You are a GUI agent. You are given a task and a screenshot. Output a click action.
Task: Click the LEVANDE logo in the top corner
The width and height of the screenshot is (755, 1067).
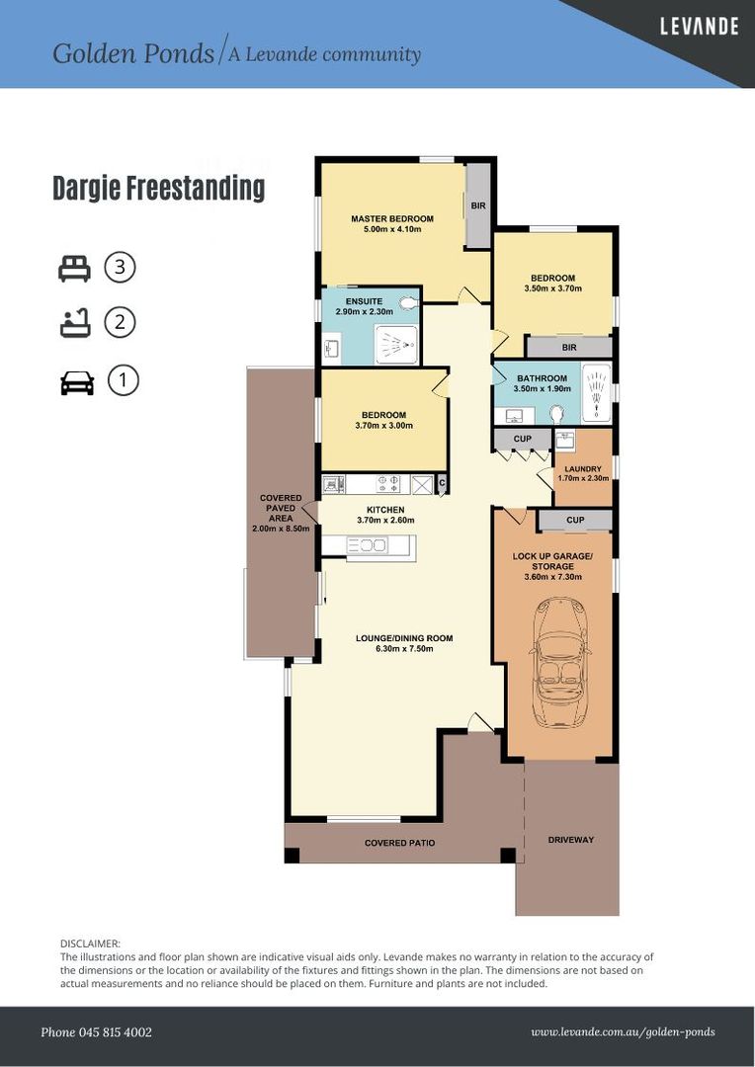700,27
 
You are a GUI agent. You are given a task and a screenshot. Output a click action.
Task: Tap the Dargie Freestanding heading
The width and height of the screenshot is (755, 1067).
159,188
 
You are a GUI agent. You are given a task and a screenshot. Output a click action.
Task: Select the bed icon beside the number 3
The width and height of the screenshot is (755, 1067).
74,268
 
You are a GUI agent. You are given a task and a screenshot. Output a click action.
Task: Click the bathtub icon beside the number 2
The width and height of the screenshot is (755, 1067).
75,322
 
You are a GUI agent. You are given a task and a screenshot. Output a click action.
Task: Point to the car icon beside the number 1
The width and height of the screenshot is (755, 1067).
77,382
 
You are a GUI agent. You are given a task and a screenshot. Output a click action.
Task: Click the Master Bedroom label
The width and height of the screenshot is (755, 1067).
392,224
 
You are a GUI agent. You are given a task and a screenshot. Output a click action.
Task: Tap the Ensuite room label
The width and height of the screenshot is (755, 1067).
365,306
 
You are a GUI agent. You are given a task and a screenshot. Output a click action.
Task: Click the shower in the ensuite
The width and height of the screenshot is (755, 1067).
396,346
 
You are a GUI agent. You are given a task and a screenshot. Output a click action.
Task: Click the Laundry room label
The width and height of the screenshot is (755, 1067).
583,473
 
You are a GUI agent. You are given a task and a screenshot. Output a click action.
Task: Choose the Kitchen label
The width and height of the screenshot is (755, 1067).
385,515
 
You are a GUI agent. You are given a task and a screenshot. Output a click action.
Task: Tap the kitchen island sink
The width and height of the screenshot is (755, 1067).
367,545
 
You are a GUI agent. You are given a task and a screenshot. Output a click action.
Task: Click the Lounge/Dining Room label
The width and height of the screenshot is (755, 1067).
404,643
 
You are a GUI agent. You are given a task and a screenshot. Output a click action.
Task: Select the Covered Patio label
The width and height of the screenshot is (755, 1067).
399,843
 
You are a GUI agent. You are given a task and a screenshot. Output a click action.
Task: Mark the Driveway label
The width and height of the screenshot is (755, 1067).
571,840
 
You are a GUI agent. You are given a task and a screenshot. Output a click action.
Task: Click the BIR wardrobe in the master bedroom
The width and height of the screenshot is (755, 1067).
478,205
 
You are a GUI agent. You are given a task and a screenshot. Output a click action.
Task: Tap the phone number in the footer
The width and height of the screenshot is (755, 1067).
96,1032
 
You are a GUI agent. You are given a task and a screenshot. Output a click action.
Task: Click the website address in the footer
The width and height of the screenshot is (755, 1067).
623,1032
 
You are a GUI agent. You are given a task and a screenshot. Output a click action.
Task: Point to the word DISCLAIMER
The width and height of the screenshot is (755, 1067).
91,944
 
